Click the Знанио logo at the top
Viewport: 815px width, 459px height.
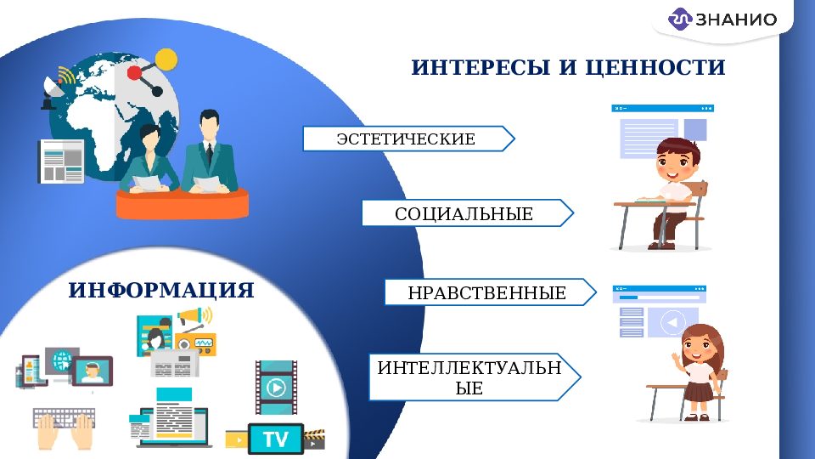click(x=722, y=20)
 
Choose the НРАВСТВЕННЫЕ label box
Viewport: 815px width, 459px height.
click(x=486, y=293)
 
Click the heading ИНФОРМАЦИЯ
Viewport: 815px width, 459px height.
click(x=161, y=291)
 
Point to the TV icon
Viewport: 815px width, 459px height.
click(x=275, y=439)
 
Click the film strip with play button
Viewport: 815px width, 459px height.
click(x=276, y=388)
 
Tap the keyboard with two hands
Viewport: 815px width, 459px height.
click(x=64, y=428)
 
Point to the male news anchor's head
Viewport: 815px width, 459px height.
click(x=207, y=126)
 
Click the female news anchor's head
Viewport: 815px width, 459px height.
click(x=150, y=138)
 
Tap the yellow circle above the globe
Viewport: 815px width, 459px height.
click(x=166, y=59)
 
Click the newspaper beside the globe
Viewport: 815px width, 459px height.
click(x=61, y=161)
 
